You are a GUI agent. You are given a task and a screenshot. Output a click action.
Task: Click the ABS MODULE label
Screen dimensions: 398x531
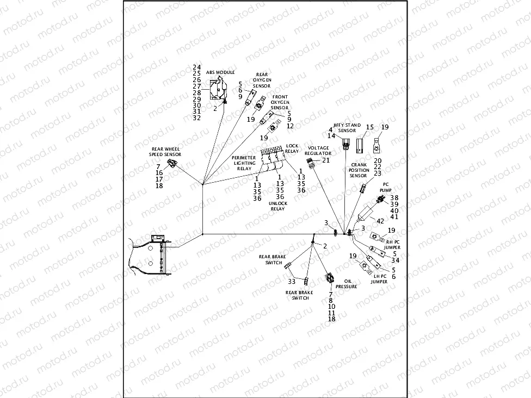220,72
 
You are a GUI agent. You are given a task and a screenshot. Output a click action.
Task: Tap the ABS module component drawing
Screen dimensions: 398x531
218,90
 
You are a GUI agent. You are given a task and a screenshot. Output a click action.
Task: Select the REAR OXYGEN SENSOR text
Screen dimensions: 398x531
262,79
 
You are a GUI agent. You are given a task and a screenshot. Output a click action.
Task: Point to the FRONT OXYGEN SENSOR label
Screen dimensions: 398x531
280,102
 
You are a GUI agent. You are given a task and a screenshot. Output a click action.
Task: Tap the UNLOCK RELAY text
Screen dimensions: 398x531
277,206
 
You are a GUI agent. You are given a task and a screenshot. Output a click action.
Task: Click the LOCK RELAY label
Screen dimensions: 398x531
292,148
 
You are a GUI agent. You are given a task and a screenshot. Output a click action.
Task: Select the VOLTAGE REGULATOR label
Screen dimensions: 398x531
318,151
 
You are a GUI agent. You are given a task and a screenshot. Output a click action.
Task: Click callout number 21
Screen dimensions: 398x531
326,160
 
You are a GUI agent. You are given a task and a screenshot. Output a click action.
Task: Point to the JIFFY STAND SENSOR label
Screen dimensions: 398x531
347,128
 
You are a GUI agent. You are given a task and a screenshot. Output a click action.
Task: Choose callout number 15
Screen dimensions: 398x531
369,127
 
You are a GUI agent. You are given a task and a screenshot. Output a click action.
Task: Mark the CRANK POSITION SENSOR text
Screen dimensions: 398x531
359,170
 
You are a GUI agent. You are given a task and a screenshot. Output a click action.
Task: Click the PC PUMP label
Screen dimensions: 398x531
386,187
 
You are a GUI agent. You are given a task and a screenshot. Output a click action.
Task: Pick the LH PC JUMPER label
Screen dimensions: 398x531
379,279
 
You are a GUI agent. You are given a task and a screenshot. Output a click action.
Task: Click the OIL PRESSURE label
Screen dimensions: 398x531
346,284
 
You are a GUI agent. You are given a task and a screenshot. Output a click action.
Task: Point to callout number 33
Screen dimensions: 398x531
292,281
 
